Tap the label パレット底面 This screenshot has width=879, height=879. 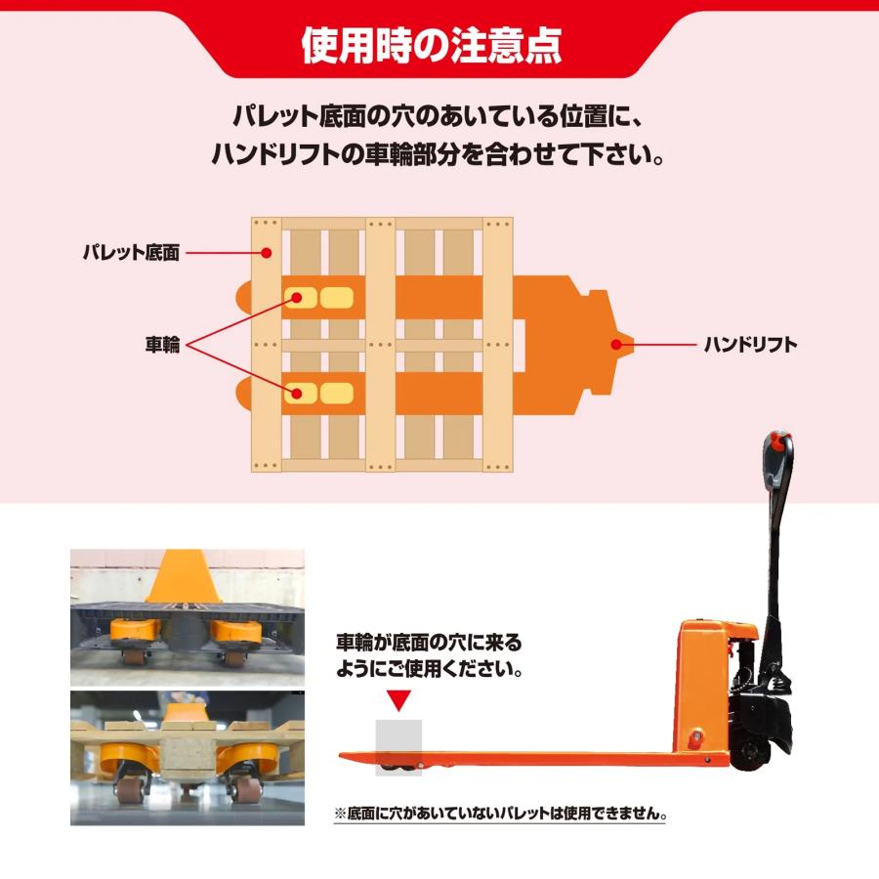131,254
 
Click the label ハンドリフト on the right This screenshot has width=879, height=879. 750,344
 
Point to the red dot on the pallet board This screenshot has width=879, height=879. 269,253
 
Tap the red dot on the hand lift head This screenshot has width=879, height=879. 616,344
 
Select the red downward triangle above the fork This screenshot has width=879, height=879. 398,700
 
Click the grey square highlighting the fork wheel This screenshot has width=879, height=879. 398,746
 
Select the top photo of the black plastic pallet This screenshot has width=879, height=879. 187,616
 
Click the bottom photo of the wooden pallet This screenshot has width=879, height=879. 187,757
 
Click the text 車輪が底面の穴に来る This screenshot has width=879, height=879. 429,643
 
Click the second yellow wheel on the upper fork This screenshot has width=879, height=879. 336,296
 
